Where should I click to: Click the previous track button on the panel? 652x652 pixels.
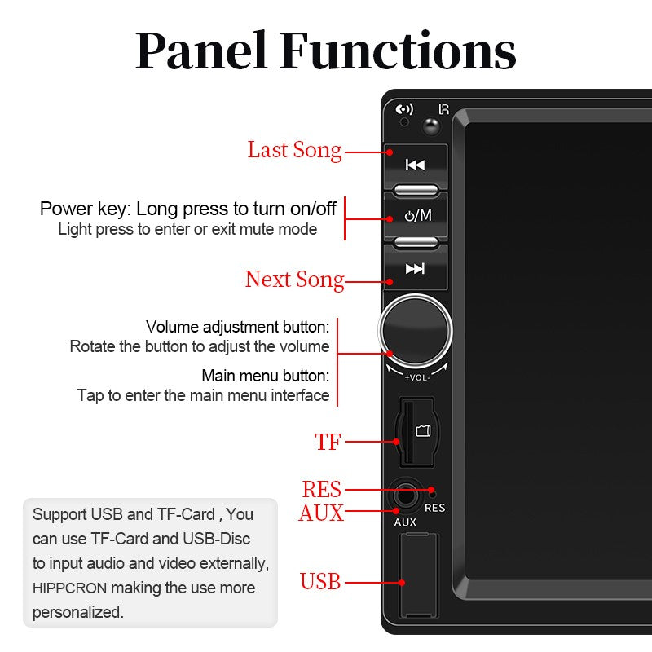tap(415, 165)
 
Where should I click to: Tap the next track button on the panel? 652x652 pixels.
tap(415, 269)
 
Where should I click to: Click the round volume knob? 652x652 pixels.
tap(416, 330)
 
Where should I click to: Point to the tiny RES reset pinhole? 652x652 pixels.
tap(432, 492)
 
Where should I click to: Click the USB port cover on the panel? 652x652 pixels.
tap(418, 575)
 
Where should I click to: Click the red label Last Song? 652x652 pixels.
tap(294, 150)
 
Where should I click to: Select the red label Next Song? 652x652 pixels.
tap(294, 280)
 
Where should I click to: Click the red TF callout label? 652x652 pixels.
tap(328, 443)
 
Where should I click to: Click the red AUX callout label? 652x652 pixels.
tap(320, 513)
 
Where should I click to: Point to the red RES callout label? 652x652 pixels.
tap(321, 490)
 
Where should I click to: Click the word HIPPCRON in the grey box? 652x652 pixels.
tap(70, 588)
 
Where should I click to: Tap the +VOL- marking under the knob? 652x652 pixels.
tap(416, 377)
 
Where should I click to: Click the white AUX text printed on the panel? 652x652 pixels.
tap(405, 522)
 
